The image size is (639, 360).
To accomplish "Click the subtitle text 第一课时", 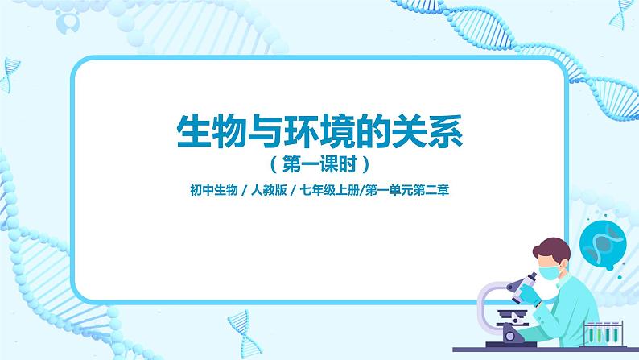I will tap(319, 164).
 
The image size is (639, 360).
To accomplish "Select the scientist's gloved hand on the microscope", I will tap(528, 289).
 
